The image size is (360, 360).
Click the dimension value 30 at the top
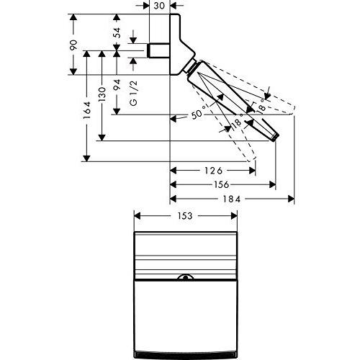point(159,6)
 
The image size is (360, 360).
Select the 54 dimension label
point(117,32)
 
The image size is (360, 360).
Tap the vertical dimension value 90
point(73,45)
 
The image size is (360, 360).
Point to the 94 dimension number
point(117,85)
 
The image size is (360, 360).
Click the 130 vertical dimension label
point(102,94)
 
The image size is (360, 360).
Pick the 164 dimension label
point(87,110)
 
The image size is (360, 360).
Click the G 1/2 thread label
point(133,93)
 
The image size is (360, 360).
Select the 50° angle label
point(199,112)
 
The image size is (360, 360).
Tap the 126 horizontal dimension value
point(214,171)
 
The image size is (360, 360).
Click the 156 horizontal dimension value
point(221,184)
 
